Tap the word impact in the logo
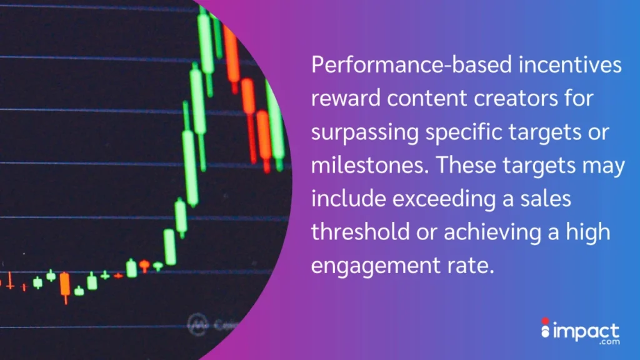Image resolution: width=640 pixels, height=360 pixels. tap(585, 331)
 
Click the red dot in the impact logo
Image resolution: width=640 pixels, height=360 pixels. tap(544, 321)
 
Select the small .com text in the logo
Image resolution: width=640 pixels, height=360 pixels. tap(609, 344)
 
